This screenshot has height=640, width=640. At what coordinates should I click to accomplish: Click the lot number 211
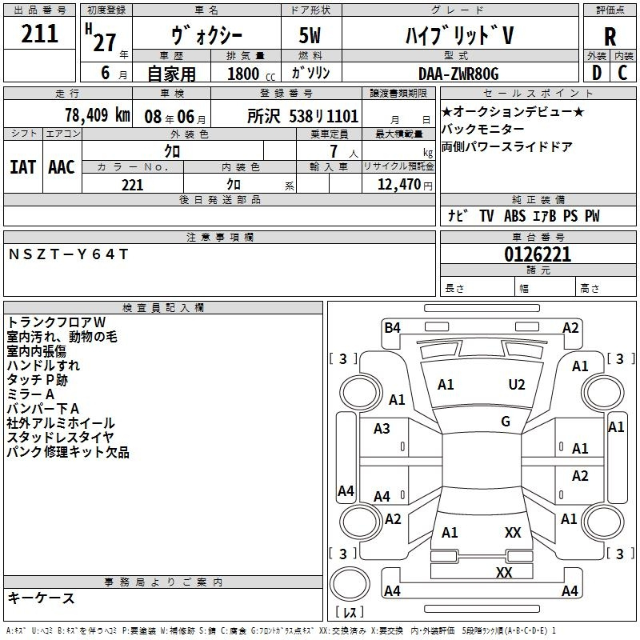39,34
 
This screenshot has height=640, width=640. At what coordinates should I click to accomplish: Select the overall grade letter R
610,37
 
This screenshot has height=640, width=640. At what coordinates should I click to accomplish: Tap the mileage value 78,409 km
98,115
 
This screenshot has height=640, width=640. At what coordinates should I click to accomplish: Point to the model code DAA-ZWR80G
458,74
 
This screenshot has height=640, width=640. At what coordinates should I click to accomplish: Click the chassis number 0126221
538,254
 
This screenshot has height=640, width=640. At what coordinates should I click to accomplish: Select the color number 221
133,186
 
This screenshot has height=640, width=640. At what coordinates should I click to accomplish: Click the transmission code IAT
22,167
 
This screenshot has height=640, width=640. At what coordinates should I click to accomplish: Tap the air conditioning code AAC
62,167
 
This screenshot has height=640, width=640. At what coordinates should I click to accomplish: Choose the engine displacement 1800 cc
251,74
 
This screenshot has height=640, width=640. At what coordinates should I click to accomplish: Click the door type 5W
310,35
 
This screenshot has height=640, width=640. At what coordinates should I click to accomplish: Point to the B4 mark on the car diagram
393,328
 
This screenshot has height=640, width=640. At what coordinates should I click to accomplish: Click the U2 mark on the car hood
517,385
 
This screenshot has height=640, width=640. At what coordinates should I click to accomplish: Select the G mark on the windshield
506,422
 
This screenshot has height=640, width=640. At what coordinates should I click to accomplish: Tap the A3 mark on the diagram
382,429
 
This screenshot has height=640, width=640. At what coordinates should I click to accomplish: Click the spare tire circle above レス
350,584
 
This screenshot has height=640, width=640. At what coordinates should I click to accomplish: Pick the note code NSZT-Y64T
68,254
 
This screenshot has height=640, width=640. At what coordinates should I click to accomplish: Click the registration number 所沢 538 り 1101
303,116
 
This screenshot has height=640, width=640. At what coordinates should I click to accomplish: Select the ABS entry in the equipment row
514,216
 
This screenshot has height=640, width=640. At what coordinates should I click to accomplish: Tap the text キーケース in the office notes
41,598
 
